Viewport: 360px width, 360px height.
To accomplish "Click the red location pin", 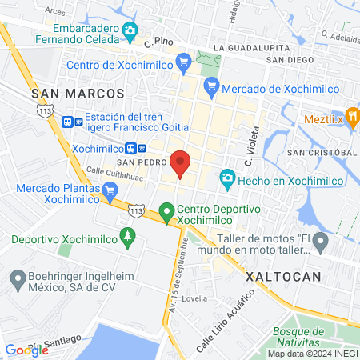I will [180, 163].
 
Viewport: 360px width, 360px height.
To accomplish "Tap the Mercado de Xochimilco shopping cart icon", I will [211, 89].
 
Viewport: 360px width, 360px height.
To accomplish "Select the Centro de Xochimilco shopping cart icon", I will [183, 62].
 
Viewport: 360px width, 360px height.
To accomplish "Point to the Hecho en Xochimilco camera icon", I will [228, 178].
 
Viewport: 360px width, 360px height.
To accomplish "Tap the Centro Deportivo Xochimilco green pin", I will [166, 213].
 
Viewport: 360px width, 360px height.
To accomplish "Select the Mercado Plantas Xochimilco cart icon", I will [110, 191].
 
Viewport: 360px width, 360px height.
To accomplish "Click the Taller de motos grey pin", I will [321, 240].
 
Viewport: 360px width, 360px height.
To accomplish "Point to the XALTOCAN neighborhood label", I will [284, 275].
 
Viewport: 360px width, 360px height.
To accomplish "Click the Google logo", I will [27, 349].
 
